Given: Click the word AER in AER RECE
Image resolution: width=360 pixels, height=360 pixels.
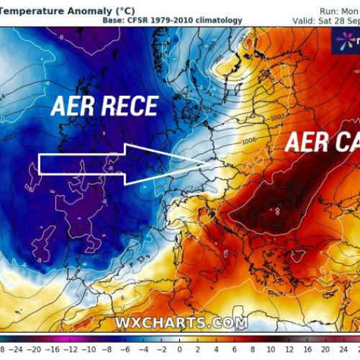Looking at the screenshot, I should (74, 107).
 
